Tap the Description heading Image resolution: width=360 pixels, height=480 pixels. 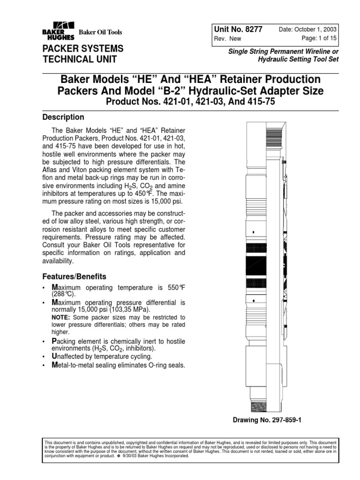coord(63,117)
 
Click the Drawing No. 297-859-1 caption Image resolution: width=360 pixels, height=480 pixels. coord(267,420)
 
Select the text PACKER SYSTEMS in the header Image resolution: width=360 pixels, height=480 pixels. coord(83,49)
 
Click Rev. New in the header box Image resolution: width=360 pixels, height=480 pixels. coord(228,39)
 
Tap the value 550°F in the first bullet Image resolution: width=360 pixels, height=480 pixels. coord(175,287)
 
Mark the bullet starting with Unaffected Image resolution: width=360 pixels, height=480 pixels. coord(106,357)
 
